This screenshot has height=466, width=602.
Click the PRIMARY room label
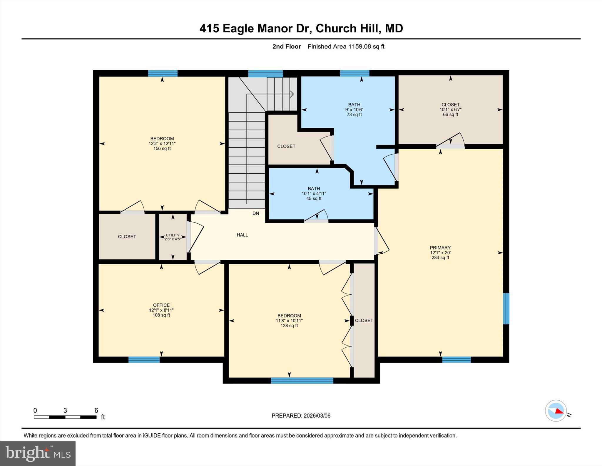pos(440,248)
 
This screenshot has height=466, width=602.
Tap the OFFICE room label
pos(161,305)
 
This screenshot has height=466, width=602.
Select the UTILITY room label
pos(173,235)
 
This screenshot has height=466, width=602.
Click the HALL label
pos(242,235)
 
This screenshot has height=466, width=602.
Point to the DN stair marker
pos(256,213)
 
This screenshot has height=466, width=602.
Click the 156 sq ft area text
pos(162,149)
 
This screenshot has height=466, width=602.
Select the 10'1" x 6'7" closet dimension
pos(450,110)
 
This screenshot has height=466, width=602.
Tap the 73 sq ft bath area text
pos(354,115)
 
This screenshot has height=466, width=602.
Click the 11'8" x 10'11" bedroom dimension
pos(289,321)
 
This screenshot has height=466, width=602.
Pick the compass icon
pos(556,411)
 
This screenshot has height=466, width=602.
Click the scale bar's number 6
pos(96,410)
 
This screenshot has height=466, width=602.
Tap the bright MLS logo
pos(38,453)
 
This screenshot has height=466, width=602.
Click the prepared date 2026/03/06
pos(317,416)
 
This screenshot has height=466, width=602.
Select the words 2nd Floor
pos(286,47)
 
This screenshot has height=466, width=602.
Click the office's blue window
pos(144,359)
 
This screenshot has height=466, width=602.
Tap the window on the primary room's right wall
pos(506,309)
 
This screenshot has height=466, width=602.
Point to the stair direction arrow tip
pos(293,94)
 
